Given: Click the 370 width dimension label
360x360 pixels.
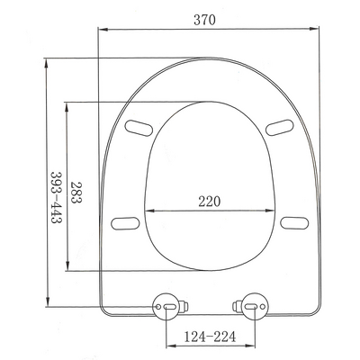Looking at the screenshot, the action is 204,20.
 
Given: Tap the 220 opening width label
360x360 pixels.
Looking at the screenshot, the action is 209,202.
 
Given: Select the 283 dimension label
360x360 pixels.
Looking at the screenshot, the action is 76,193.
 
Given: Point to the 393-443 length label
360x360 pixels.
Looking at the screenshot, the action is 56,197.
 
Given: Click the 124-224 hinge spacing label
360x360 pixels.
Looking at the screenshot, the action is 210,337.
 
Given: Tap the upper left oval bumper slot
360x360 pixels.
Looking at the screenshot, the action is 139,128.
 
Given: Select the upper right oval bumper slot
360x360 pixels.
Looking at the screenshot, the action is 279,127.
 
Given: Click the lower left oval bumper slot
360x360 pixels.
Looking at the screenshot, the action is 125,223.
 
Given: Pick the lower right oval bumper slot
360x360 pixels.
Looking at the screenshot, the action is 294,223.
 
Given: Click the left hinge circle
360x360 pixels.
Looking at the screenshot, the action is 166,307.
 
